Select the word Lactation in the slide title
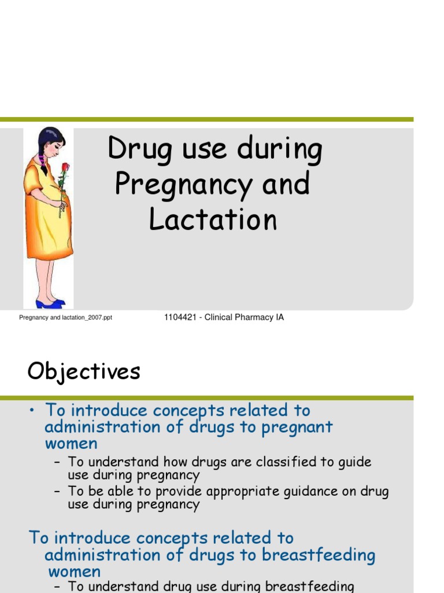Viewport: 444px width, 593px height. click(213, 220)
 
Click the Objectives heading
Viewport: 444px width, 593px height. click(84, 371)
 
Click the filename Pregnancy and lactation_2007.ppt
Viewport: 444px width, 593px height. click(65, 318)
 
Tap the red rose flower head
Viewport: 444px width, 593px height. click(65, 167)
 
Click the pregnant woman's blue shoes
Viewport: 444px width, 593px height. click(50, 303)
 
